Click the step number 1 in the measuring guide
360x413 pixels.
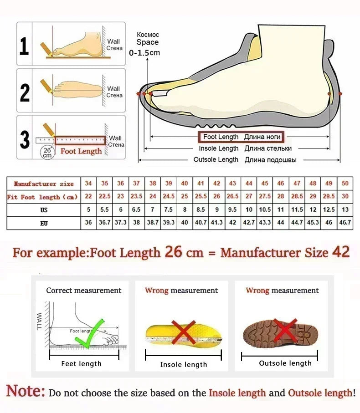click(25, 47)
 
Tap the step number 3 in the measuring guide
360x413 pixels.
click(25, 140)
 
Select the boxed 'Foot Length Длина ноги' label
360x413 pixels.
click(240, 137)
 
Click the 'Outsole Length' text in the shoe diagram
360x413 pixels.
click(216, 160)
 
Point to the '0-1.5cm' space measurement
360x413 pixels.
click(145, 53)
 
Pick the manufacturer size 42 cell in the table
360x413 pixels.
click(217, 184)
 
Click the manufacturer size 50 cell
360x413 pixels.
click(345, 184)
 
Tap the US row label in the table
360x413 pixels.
click(44, 210)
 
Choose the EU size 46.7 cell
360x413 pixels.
click(345, 223)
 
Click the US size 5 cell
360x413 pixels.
click(88, 210)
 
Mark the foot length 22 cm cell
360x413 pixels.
click(88, 197)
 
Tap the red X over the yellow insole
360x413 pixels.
click(183, 333)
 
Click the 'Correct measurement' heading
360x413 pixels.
click(83, 291)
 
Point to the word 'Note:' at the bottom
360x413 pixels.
click(26, 391)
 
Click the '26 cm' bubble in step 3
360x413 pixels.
click(47, 152)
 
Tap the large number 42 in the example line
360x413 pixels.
click(340, 252)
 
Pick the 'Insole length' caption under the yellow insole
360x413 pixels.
click(183, 364)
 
